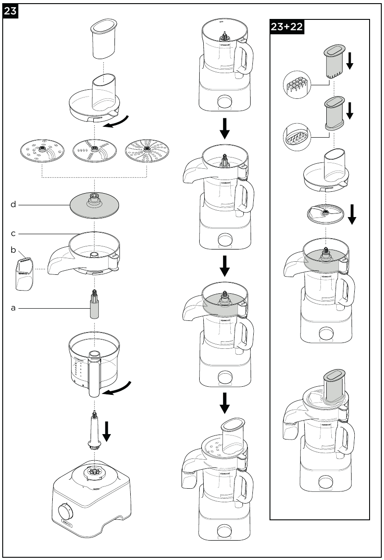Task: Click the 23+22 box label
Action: pos(287,27)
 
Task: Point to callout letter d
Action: pos(14,204)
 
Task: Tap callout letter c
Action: pos(14,233)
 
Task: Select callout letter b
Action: pos(14,249)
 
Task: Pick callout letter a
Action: pos(14,308)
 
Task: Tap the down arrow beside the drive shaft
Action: pos(107,431)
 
